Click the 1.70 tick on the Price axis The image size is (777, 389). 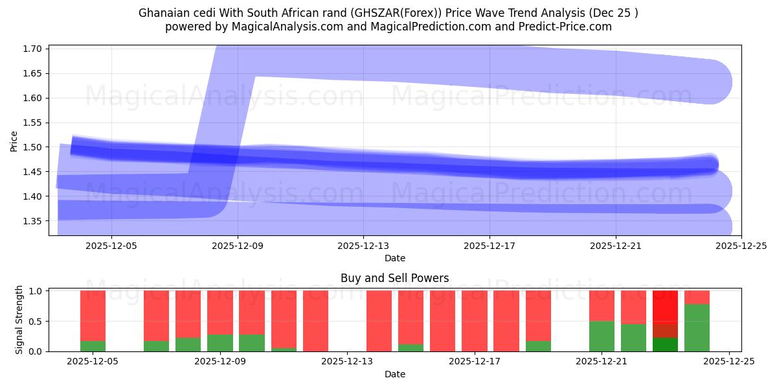[x=34, y=49]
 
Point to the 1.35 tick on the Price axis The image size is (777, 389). [x=34, y=221]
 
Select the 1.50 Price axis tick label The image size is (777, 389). [x=34, y=147]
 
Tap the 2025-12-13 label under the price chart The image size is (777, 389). [x=363, y=246]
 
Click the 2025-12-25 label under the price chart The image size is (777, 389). [x=741, y=246]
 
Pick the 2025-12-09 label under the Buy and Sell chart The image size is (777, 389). [x=220, y=362]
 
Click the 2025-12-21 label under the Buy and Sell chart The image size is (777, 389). [x=602, y=362]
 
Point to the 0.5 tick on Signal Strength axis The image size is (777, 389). [x=36, y=322]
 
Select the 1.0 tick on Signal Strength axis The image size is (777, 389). [x=36, y=291]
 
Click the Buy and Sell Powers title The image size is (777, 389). [x=394, y=278]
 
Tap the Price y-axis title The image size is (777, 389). [x=14, y=141]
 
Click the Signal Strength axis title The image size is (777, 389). [x=19, y=320]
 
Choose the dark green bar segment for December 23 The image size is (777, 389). [x=665, y=344]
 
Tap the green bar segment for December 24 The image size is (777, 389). [x=697, y=327]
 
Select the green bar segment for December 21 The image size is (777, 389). [x=602, y=336]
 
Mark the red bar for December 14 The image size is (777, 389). [x=379, y=321]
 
